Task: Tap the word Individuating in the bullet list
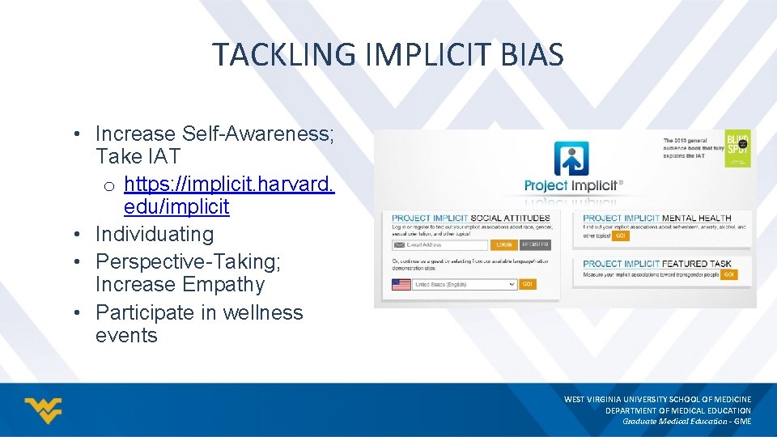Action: point(154,235)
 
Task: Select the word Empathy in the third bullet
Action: point(224,285)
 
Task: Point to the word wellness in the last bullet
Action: point(252,312)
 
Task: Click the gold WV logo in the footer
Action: point(43,410)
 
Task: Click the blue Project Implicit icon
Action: point(571,159)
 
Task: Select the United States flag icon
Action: point(401,285)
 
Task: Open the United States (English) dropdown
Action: point(465,285)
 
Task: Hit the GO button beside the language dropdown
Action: point(527,285)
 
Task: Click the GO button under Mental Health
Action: point(621,236)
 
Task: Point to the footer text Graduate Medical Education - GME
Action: point(686,421)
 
